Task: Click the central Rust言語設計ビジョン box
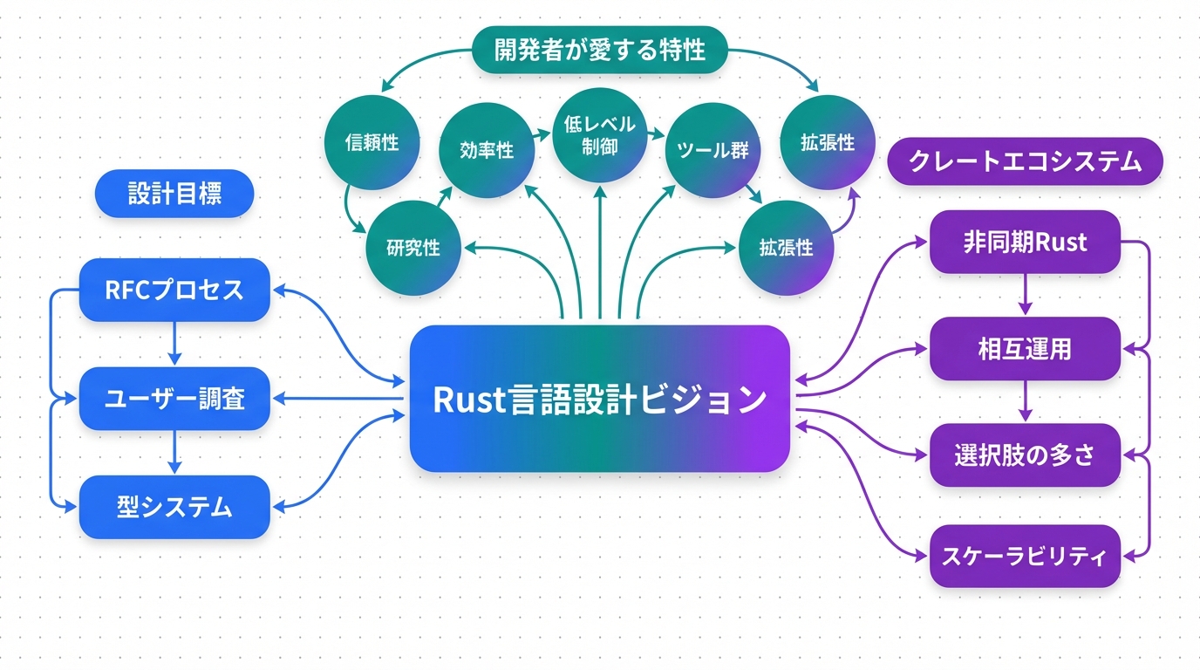599,399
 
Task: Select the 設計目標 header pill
174,193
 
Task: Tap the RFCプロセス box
174,290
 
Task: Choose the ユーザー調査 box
174,399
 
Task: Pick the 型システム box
174,506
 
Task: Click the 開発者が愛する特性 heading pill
599,51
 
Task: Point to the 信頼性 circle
372,142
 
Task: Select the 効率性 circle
486,149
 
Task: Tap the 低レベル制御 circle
599,135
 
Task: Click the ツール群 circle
712,149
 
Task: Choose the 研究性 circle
412,247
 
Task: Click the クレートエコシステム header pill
1025,161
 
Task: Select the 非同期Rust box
1025,242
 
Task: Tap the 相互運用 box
1025,349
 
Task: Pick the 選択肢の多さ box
1025,455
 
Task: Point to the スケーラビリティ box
1025,556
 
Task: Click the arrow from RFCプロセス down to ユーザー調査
174,344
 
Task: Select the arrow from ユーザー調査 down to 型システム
174,452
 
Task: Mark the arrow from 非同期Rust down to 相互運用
1025,295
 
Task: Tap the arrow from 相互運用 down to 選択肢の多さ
1025,401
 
